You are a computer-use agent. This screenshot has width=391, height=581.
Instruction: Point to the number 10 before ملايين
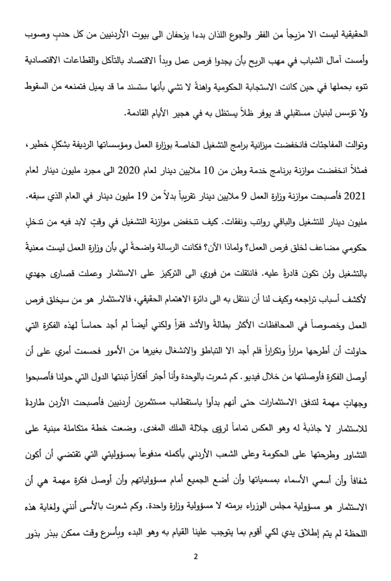pos(210,171)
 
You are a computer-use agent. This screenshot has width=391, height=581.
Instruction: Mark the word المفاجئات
pos(327,145)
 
